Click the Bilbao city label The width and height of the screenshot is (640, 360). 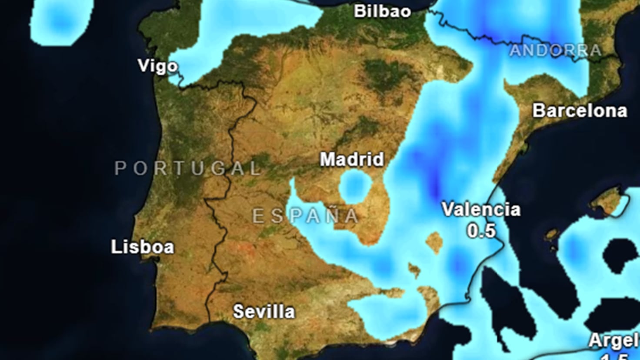[x=382, y=11]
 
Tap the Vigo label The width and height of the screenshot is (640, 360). [x=157, y=66]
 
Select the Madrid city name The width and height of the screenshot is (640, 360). [x=352, y=159]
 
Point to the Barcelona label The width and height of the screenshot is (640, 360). [x=580, y=110]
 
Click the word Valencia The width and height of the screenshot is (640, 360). [x=481, y=210]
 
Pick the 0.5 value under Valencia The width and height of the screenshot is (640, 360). [x=481, y=230]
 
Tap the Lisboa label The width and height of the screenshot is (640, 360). [x=142, y=247]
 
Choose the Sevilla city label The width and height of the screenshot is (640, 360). [x=264, y=311]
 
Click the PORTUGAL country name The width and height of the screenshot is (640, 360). [x=187, y=168]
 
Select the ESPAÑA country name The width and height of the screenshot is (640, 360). [x=306, y=216]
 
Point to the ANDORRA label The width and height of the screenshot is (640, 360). [x=555, y=50]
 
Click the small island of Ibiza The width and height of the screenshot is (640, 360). [x=552, y=235]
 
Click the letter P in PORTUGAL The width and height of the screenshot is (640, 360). [x=120, y=168]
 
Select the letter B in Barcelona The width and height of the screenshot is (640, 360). [x=540, y=110]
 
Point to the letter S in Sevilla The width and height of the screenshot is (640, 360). [x=239, y=311]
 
